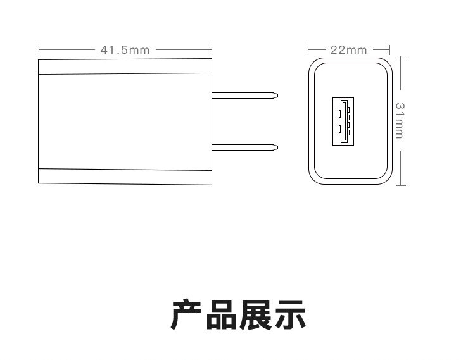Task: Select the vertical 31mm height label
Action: (x=400, y=120)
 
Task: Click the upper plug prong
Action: (x=243, y=96)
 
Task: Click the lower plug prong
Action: (x=243, y=147)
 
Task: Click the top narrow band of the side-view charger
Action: (x=125, y=66)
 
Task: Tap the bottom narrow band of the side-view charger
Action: (x=125, y=177)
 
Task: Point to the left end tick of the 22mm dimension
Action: (x=308, y=49)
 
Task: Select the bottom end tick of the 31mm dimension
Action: (x=400, y=185)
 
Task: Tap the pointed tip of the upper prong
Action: (x=277, y=96)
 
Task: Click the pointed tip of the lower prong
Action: (x=277, y=147)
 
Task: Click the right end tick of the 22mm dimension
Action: (x=389, y=49)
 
